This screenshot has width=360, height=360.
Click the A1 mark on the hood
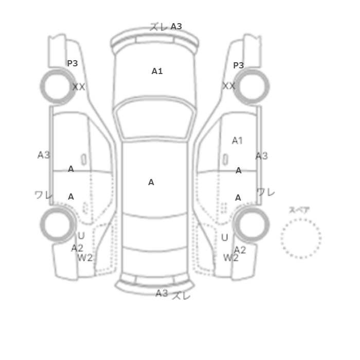coord(157,71)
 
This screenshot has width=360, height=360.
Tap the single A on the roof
coord(151,182)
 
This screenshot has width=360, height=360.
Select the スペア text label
coord(299,210)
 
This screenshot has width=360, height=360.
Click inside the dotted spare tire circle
coord(301,238)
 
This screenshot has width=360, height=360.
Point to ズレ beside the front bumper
coord(158,27)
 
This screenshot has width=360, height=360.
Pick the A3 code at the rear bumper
coord(161,293)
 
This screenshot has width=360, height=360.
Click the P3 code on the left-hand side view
coord(73,63)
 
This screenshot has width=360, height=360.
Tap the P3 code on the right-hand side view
coord(238,65)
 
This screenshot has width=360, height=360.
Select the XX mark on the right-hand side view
coord(229,86)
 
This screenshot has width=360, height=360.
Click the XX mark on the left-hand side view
coord(79,87)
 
